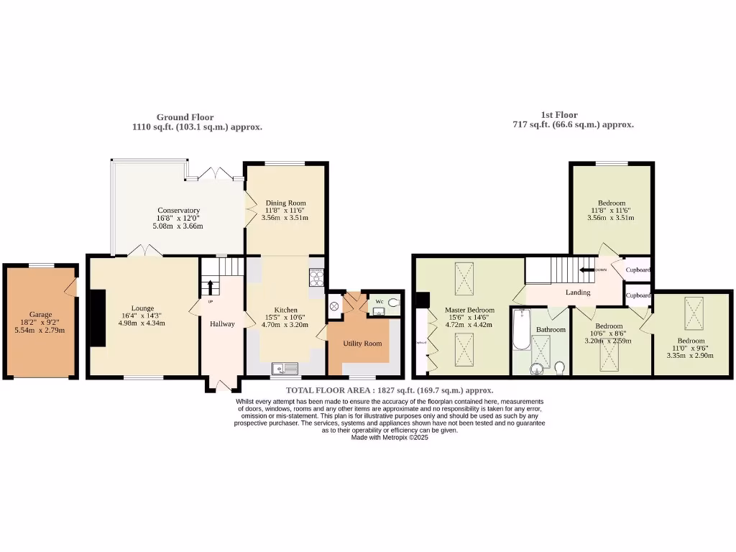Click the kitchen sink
tap(285, 369)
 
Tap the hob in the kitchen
tap(316, 277)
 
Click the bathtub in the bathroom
tap(520, 330)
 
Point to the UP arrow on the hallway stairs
tap(211, 287)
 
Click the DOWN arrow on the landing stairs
tap(589, 270)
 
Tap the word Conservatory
tap(178, 211)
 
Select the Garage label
tap(40, 314)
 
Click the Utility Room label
tap(362, 344)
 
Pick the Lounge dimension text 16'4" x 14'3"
tap(142, 316)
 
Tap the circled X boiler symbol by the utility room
tap(334, 306)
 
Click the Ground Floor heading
tap(185, 117)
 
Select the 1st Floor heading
tap(558, 115)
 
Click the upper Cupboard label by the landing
tap(638, 270)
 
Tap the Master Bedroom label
tap(470, 310)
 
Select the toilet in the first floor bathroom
tap(560, 368)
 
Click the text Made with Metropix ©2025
tap(389, 437)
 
